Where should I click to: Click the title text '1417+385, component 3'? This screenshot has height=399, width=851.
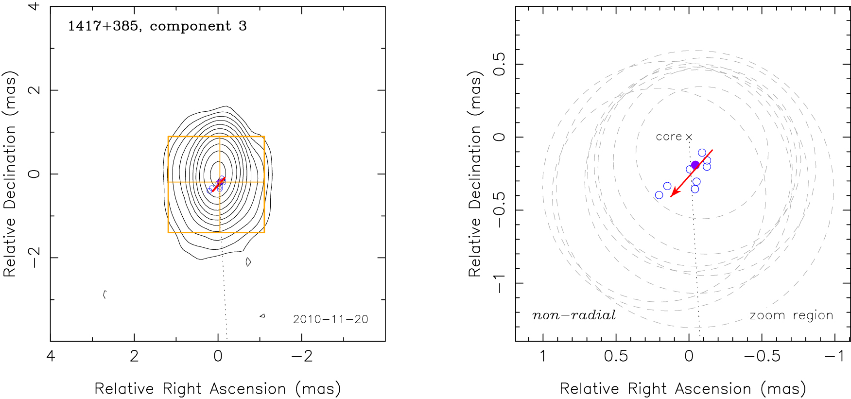click(157, 26)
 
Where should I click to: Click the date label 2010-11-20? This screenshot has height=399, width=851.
click(330, 319)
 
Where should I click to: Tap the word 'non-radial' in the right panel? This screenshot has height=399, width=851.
click(574, 315)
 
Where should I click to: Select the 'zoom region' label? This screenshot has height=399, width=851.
click(791, 315)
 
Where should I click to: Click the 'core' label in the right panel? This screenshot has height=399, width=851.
click(669, 137)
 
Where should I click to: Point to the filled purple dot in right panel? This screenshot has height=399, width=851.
click(695, 165)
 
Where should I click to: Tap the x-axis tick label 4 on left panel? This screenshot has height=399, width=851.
click(51, 356)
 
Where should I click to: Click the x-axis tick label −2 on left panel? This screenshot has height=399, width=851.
click(301, 356)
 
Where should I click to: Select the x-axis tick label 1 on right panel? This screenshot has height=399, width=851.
click(543, 356)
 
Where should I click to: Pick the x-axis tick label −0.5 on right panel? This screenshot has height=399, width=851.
click(762, 356)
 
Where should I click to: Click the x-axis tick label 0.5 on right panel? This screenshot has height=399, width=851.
click(616, 356)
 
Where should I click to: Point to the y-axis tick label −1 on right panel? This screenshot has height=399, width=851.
click(499, 283)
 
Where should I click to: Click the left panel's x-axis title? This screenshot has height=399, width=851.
click(218, 389)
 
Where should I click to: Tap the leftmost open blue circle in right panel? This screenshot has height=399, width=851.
click(659, 195)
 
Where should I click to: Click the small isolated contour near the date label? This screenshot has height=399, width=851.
click(262, 316)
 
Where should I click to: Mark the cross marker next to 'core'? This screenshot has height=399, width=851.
click(689, 137)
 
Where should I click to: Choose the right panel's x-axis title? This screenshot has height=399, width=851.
click(683, 389)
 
